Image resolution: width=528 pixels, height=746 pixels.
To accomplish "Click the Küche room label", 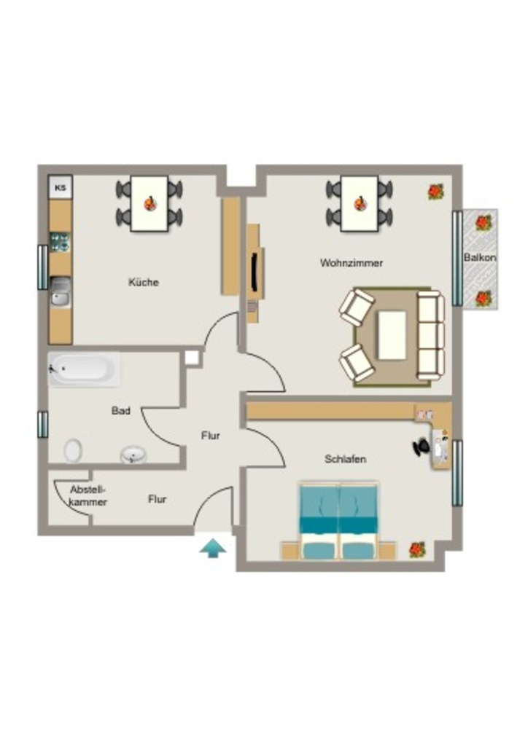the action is (x=144, y=282).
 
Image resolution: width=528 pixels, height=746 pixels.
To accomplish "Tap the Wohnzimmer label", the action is (x=352, y=262).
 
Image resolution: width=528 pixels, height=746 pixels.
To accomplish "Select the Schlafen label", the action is (x=345, y=459).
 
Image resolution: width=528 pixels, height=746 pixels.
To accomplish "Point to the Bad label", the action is (x=120, y=411).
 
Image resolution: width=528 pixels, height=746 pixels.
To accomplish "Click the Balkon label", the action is (x=480, y=257).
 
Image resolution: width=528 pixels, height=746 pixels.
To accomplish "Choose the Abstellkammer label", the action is (x=88, y=495).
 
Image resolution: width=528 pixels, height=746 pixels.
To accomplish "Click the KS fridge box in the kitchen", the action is (x=61, y=187).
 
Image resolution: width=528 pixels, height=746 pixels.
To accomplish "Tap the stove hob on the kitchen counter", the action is (x=61, y=242).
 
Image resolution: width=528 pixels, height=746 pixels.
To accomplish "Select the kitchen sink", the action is (x=61, y=291).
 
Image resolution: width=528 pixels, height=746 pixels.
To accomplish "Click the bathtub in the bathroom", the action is (x=85, y=369).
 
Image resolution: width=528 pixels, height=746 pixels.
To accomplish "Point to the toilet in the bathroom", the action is (x=73, y=450).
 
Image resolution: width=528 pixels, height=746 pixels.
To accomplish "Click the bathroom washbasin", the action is (x=133, y=455).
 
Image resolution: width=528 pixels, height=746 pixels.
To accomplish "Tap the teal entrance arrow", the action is (x=213, y=548).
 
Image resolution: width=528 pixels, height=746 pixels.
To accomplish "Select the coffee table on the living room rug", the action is (x=392, y=335).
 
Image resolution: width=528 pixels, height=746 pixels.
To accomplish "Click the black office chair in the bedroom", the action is (x=421, y=447).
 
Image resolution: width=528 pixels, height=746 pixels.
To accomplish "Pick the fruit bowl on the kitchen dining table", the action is (x=150, y=203).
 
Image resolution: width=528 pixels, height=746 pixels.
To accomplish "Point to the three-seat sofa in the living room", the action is (x=430, y=335).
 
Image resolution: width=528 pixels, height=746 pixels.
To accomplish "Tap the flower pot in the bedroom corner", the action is (x=417, y=549).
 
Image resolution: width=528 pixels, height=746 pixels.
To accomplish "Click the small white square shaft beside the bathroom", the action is (x=191, y=357).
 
